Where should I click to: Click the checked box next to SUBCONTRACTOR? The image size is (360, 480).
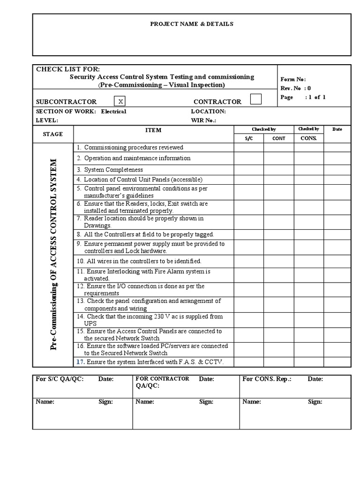tap(120, 101)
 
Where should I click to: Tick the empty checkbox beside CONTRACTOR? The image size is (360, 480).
tap(256, 99)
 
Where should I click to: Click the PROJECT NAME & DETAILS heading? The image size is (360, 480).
tap(191, 24)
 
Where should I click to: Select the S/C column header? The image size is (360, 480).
tap(248, 138)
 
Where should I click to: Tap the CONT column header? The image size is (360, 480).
tap(278, 138)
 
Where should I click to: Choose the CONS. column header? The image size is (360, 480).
tap(308, 138)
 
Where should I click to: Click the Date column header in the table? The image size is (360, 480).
tap(337, 129)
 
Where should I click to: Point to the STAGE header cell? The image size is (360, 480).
tap(53, 134)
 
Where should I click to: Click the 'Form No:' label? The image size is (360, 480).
tap(293, 79)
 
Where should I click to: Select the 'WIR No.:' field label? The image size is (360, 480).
tap(204, 120)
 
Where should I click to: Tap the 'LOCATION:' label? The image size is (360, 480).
tap(208, 112)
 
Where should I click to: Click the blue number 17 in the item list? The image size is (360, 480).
tap(80, 361)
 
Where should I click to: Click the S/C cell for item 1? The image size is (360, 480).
tap(248, 148)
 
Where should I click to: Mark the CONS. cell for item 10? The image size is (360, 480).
tap(308, 261)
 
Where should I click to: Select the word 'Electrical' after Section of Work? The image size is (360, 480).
tap(113, 112)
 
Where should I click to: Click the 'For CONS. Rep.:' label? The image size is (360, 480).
tap(266, 379)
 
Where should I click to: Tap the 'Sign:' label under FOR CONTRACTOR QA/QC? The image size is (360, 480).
tap(206, 402)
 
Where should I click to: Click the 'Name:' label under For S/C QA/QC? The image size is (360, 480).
tap(45, 402)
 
